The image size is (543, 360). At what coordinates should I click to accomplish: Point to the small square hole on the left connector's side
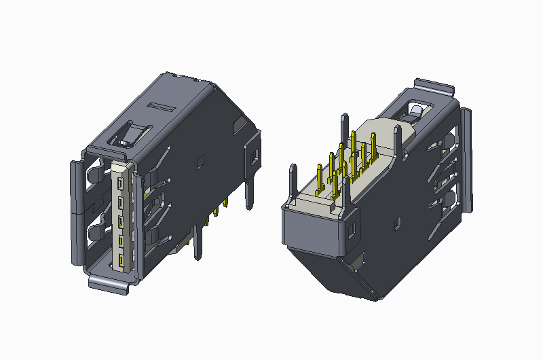[200, 162]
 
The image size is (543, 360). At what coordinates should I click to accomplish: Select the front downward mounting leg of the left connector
[197, 241]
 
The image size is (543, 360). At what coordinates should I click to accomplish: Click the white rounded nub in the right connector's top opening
[415, 109]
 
